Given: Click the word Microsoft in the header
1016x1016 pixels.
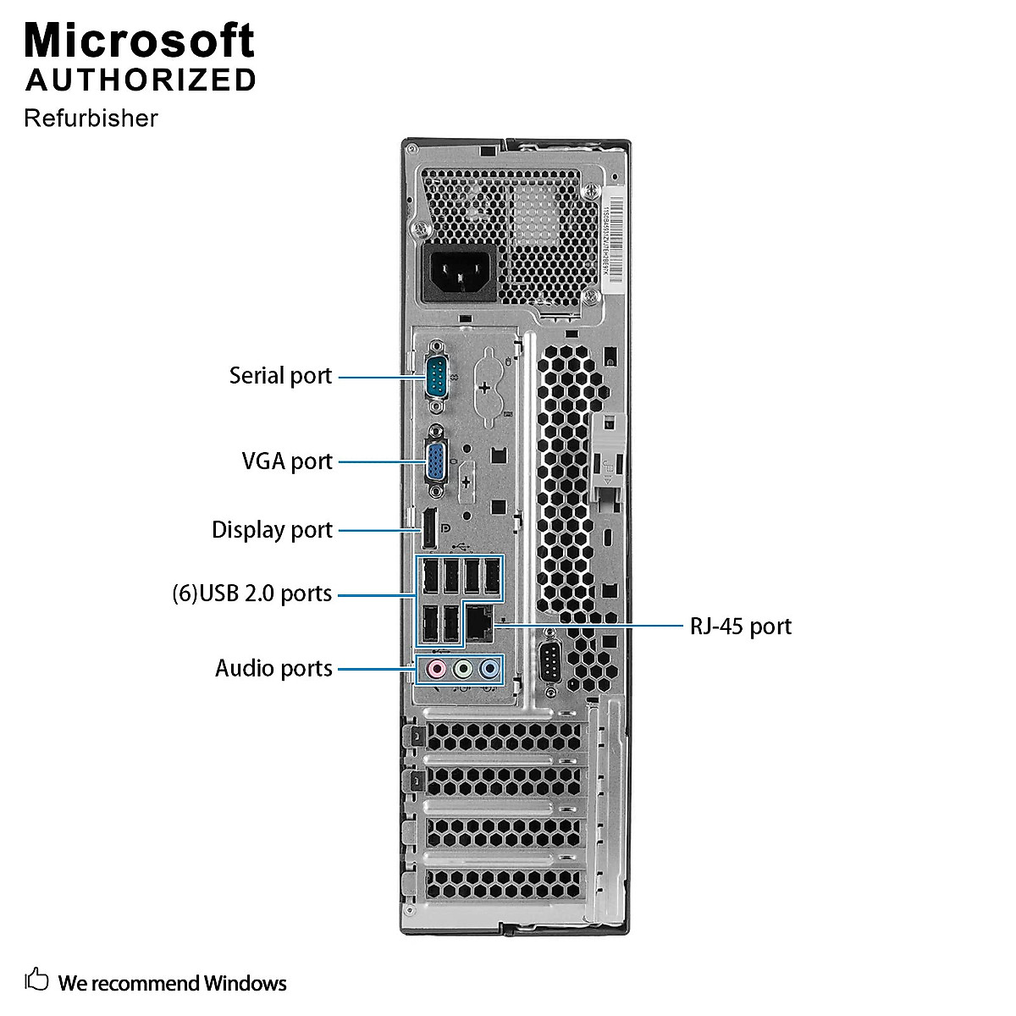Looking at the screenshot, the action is (140, 41).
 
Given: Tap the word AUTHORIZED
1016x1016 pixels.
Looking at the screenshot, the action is (141, 80).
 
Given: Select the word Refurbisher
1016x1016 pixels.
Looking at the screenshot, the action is (91, 119).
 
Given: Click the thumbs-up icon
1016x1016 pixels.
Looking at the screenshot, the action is (36, 980).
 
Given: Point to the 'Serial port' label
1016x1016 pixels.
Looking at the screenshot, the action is (280, 376).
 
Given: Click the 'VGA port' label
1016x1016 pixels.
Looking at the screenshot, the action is (287, 461).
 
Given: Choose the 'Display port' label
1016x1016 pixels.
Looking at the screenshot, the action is (272, 530).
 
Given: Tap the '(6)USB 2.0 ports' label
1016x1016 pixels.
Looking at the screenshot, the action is (251, 594).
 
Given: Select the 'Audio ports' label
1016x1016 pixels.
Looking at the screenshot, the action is (273, 669).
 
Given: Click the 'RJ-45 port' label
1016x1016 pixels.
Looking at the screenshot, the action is (741, 627).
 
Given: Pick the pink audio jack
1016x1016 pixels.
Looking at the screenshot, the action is (436, 670).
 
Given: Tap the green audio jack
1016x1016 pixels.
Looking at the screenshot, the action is (462, 670).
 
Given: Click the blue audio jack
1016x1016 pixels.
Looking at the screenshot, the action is (489, 670).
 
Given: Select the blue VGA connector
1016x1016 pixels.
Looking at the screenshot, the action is (436, 462).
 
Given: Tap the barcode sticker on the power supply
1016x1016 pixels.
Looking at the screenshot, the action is (613, 241).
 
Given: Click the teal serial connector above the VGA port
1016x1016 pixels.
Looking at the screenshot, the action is (436, 376).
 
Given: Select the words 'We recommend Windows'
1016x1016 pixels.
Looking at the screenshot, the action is (172, 983).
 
